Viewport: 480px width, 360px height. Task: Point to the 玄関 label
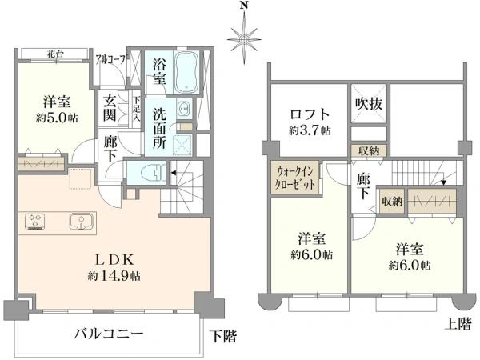tap(110, 108)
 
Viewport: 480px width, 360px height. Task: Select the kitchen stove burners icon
tap(37, 219)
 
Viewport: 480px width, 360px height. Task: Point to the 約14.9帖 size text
tap(120, 274)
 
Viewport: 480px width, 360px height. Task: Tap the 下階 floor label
tap(225, 336)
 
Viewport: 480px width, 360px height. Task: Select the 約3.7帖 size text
tap(307, 130)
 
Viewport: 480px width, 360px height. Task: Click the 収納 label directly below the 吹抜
tap(369, 150)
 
